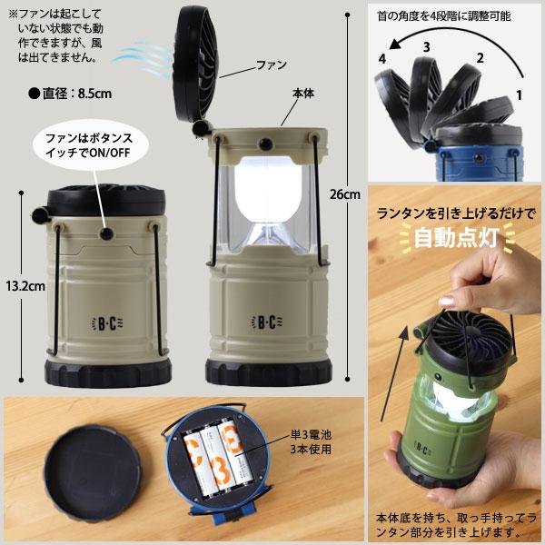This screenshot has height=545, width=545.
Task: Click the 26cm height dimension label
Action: [345, 194]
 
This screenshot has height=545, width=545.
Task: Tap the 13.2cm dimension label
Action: [25, 286]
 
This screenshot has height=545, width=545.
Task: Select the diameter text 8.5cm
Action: [94, 94]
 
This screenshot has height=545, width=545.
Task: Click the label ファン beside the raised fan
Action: [271, 64]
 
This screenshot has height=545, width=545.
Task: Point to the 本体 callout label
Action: [303, 94]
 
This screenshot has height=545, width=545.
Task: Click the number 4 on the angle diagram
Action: [382, 59]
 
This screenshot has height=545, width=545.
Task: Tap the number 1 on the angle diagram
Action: [519, 94]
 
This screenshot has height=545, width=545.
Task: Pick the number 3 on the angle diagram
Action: [427, 47]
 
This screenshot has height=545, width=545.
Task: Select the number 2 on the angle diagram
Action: [480, 58]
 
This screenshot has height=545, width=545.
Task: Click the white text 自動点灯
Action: [456, 238]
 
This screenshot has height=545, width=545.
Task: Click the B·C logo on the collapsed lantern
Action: [107, 323]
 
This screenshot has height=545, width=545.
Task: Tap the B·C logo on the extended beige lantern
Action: [267, 322]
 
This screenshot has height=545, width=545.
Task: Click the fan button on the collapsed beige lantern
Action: [106, 233]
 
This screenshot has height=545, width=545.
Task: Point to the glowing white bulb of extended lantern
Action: [268, 191]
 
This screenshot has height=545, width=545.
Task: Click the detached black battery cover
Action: [93, 473]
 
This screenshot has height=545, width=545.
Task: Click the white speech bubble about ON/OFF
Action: [90, 145]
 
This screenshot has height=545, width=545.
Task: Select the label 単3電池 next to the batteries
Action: [311, 434]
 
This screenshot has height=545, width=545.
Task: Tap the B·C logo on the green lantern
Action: [422, 450]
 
